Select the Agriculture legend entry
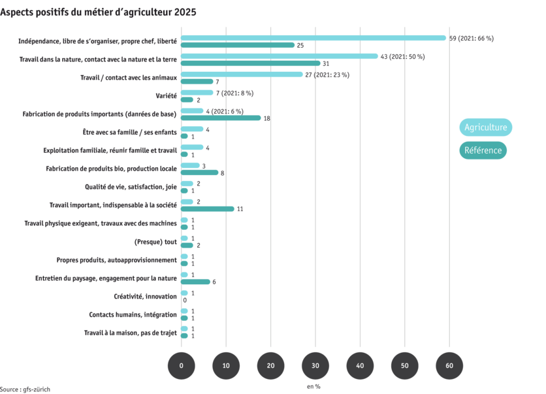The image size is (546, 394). point(485,127)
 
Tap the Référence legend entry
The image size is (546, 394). point(483,150)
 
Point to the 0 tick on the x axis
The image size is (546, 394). point(181,365)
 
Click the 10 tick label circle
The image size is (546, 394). point(226,365)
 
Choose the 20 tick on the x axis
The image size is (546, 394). point(270,365)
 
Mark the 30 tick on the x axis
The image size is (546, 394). point(315,365)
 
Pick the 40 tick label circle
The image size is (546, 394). point(360,365)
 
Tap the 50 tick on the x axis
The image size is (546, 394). point(405,365)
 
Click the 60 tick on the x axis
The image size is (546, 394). point(449,365)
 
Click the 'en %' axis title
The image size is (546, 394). point(315,386)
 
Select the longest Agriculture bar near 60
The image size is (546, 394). point(313,38)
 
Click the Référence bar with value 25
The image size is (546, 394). point(238,45)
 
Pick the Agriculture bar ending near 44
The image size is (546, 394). point(280,56)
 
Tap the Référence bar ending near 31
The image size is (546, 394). point(251,63)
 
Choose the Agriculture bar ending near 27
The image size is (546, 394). point(242,74)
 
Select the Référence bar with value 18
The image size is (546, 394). point(221,118)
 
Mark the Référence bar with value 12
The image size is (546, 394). point(208,209)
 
